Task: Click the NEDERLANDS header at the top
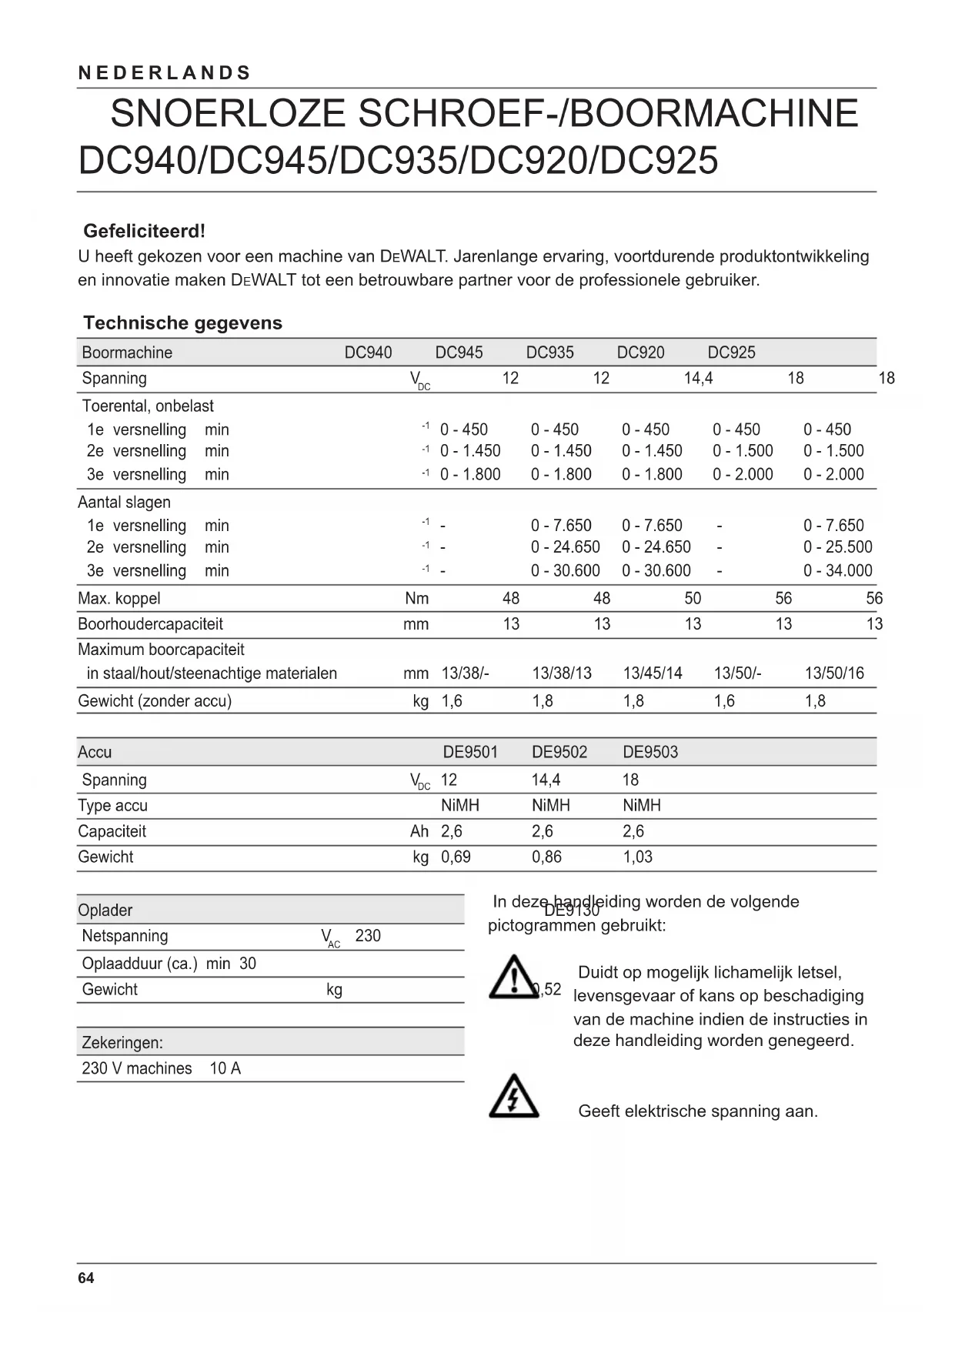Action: tap(165, 73)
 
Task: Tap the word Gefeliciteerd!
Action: tap(145, 231)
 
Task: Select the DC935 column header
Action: tap(549, 353)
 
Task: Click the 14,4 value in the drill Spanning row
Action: tap(698, 378)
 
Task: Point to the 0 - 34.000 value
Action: tap(837, 570)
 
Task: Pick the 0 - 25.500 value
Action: tap(837, 547)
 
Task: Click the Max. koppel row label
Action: tap(119, 598)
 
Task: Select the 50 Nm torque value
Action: tap(693, 598)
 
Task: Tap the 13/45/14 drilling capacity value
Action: tap(652, 673)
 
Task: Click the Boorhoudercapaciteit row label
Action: tap(150, 623)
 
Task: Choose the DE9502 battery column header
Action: tap(559, 752)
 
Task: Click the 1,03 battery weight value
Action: tap(637, 857)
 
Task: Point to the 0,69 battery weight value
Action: tap(456, 857)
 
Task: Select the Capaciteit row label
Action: tap(112, 831)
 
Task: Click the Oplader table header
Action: tap(105, 910)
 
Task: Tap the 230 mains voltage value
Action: tap(368, 936)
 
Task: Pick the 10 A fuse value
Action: tap(225, 1068)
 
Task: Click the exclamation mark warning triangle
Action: tap(513, 978)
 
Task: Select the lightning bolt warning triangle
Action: tap(513, 1096)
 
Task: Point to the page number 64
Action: tap(86, 1278)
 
